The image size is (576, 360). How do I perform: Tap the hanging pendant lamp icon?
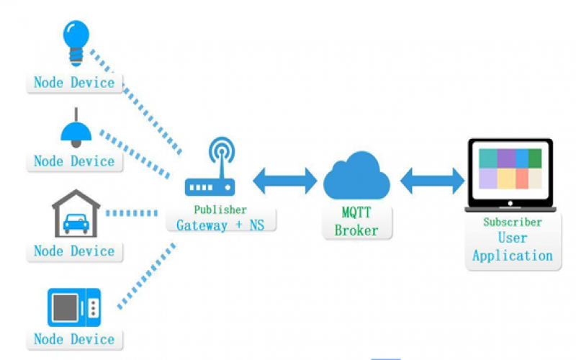coord(76,129)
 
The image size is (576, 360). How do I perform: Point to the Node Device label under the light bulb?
coord(74,82)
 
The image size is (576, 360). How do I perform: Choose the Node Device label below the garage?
coord(74,251)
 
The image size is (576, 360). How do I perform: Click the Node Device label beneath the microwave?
coord(74,339)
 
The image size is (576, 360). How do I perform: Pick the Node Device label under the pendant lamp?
coord(74,161)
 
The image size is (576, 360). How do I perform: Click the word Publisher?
coord(221,210)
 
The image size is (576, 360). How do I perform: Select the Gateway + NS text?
coord(220,225)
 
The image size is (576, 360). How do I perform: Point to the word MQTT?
coord(356,214)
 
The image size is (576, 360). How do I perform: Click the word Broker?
coord(356,230)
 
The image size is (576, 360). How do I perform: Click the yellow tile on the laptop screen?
coord(506,178)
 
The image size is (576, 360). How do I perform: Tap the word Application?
coord(512,256)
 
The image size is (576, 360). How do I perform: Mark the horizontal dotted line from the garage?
coord(132,213)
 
